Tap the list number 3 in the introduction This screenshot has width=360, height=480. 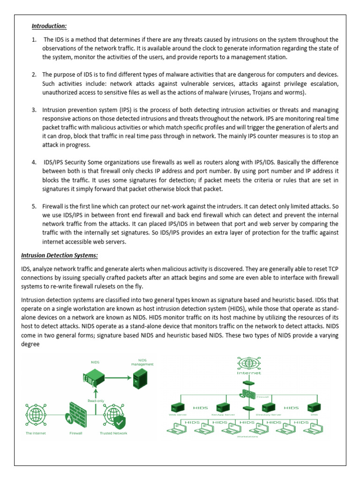(x=34, y=110)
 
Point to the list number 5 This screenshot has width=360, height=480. (x=34, y=206)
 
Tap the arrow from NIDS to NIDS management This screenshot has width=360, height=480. (x=117, y=376)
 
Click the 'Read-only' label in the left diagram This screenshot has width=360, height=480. (x=95, y=400)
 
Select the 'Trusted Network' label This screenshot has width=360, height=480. (x=113, y=433)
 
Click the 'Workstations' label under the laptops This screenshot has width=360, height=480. (x=246, y=435)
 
